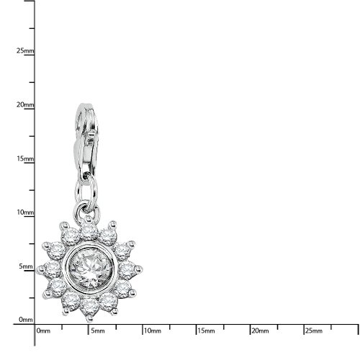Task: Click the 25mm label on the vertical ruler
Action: tap(25, 51)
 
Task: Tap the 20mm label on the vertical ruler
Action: tap(25, 105)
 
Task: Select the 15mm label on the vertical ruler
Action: tap(25, 158)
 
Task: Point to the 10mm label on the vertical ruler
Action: tap(25, 212)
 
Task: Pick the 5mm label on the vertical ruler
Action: tap(26, 266)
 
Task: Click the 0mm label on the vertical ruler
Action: tap(26, 320)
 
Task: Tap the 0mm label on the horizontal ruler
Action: tap(43, 331)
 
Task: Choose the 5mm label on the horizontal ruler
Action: tap(98, 331)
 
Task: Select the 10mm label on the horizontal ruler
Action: tap(153, 331)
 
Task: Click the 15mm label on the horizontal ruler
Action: tap(206, 331)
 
